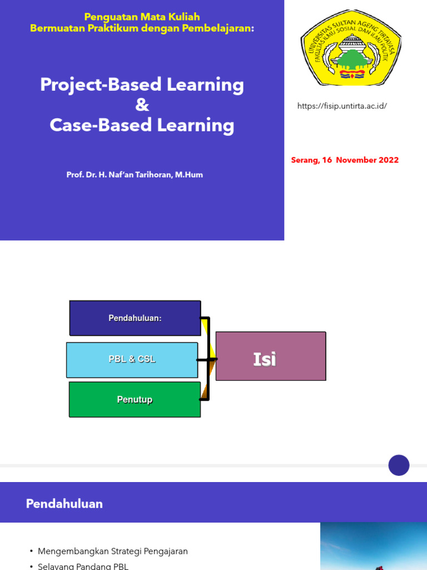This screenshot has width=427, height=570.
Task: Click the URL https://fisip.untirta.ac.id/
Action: pyautogui.click(x=342, y=106)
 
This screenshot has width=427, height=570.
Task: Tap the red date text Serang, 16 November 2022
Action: pyautogui.click(x=345, y=160)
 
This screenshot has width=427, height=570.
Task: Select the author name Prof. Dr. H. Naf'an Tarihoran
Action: pyautogui.click(x=135, y=175)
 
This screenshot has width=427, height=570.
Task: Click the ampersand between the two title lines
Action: pyautogui.click(x=142, y=105)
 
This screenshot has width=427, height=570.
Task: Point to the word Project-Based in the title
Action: pyautogui.click(x=101, y=85)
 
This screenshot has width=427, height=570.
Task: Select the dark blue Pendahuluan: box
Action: pyautogui.click(x=135, y=318)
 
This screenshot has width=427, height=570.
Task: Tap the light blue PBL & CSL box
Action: pyautogui.click(x=132, y=360)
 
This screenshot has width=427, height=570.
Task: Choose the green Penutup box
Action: pyautogui.click(x=135, y=399)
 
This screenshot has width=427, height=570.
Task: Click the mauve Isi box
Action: pyautogui.click(x=270, y=356)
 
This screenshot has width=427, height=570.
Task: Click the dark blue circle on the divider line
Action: pyautogui.click(x=399, y=465)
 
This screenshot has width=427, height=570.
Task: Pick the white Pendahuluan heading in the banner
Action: pyautogui.click(x=64, y=504)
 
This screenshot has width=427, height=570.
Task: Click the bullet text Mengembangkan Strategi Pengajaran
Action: pyautogui.click(x=113, y=551)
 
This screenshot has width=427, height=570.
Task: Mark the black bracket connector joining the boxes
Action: pyautogui.click(x=208, y=359)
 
